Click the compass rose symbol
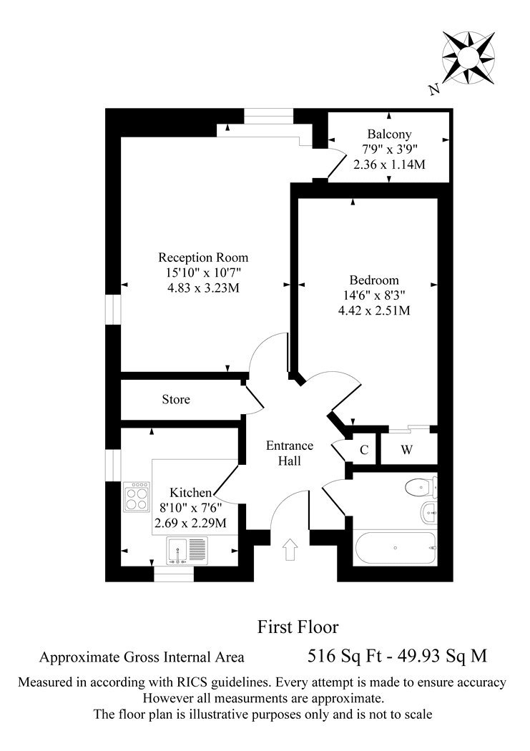click(x=468, y=58)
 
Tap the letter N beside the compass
click(x=434, y=89)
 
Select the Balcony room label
click(x=389, y=134)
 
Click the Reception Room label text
click(x=203, y=257)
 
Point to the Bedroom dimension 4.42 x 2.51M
click(x=374, y=310)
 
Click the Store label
click(x=176, y=399)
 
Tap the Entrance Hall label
click(x=290, y=453)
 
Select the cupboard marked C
click(x=364, y=449)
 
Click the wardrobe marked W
click(x=406, y=449)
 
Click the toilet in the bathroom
click(x=421, y=488)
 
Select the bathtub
click(x=395, y=547)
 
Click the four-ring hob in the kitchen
click(x=136, y=496)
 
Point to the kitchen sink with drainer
click(x=187, y=550)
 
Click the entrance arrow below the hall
click(x=289, y=549)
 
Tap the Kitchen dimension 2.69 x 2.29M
click(x=190, y=523)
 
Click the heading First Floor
click(x=298, y=627)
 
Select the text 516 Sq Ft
click(x=344, y=656)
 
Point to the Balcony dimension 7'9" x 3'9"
click(x=389, y=149)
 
